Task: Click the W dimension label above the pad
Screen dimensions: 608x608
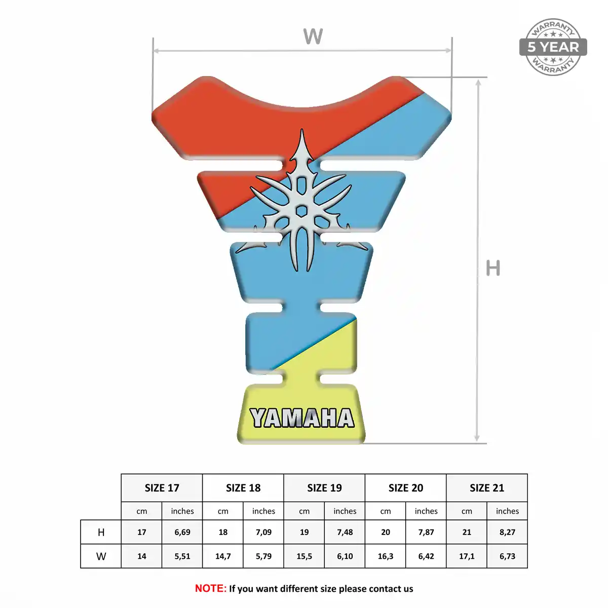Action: [313, 36]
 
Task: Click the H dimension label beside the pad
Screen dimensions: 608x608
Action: [493, 268]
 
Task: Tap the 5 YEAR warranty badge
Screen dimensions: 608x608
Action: [553, 47]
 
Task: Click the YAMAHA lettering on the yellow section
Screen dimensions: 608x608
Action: [302, 417]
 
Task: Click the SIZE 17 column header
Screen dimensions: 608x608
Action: [162, 488]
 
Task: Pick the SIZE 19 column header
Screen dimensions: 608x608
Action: [324, 488]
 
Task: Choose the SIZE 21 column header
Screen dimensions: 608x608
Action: [487, 488]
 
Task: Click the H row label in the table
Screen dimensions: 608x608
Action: [101, 533]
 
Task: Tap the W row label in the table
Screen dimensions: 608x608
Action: [101, 556]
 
